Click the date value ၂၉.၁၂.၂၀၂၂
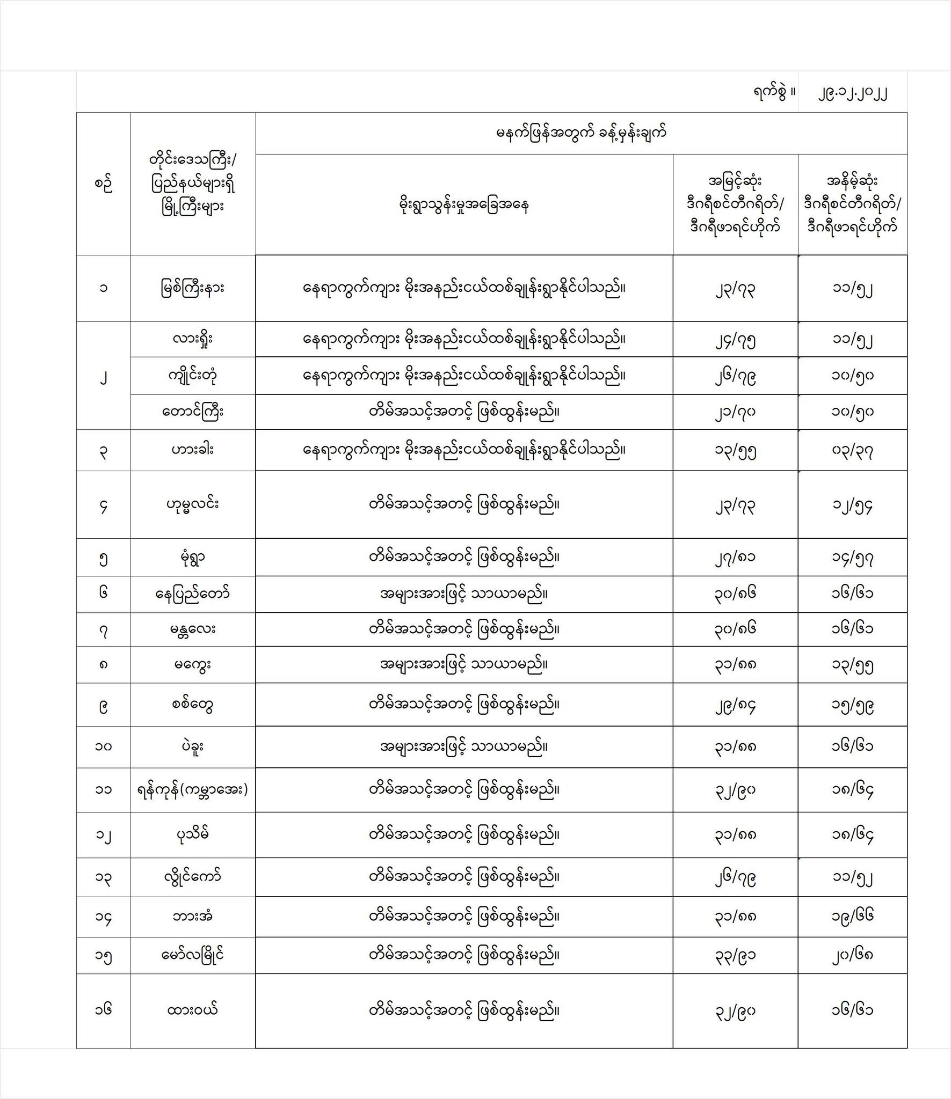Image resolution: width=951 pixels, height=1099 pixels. [x=852, y=93]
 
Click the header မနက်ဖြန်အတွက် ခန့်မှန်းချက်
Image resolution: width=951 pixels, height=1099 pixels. [x=581, y=133]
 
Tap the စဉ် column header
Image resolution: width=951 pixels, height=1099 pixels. [x=103, y=184]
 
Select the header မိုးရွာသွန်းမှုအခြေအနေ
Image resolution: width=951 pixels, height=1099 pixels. [x=464, y=205]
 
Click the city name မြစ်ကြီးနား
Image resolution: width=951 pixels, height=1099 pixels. [x=193, y=288]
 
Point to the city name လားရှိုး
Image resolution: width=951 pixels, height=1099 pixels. [x=193, y=339]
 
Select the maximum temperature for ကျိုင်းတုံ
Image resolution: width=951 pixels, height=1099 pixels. [x=735, y=376]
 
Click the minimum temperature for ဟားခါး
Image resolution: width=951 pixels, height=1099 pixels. [x=852, y=450]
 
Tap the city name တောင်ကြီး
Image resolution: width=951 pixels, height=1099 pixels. [x=193, y=412]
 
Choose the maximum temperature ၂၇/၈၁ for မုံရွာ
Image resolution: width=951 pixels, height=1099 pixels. [x=735, y=557]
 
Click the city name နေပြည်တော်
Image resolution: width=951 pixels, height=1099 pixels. [x=193, y=594]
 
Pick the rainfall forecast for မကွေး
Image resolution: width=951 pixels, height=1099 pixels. [x=464, y=664]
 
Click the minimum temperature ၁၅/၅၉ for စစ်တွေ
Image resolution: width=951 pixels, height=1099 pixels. [x=852, y=705]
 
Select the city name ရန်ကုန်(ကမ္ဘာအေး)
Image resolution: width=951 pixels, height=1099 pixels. [x=193, y=789]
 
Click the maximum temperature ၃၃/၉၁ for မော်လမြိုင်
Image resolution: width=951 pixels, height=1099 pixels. [x=735, y=955]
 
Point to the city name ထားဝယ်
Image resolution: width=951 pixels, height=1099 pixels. [x=193, y=1010]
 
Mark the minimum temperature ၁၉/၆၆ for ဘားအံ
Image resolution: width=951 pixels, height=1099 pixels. [x=852, y=916]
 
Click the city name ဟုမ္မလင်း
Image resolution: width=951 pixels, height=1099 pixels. [x=193, y=504]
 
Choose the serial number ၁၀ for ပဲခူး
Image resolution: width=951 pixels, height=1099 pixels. [x=103, y=746]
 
